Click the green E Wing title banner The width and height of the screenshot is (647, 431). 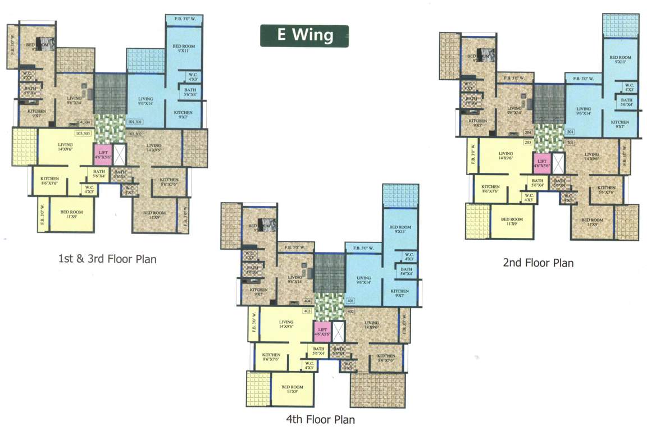(x=304, y=35)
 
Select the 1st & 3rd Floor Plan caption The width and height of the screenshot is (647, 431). (x=107, y=259)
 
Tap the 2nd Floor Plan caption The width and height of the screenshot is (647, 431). (x=538, y=262)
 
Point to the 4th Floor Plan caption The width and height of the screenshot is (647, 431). (x=320, y=419)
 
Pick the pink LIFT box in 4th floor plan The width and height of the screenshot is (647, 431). (x=322, y=331)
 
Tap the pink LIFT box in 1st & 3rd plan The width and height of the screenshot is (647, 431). (x=102, y=154)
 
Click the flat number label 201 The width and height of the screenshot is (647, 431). (x=571, y=132)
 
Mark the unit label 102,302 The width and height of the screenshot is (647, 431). (x=135, y=134)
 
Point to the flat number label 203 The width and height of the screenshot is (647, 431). (x=527, y=143)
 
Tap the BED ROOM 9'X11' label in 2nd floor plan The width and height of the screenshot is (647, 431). (x=621, y=60)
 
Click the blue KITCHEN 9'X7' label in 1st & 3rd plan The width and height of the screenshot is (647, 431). (x=183, y=115)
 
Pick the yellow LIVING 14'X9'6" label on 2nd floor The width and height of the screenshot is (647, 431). (x=505, y=155)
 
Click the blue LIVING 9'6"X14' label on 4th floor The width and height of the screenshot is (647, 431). (x=363, y=281)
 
